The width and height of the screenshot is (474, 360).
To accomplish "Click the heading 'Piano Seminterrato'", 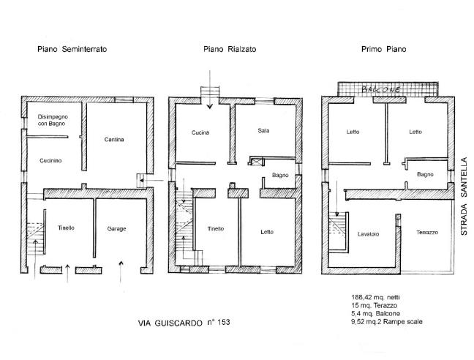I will point(72,50).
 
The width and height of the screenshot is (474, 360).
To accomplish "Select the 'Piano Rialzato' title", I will point(230,50).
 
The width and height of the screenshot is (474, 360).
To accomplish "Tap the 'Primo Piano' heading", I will point(383,50).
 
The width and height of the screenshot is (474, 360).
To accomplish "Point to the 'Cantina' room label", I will point(113,140).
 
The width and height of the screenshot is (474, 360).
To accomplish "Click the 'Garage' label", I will point(116,229).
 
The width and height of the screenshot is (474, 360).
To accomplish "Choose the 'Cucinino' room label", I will point(50,160).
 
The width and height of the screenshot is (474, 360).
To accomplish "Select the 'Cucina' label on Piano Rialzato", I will point(200,132).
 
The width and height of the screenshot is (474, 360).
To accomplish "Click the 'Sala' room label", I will point(264,131).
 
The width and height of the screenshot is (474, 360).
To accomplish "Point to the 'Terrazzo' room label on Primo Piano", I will point(427,232).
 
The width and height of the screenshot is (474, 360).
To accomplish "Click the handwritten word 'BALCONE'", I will point(381,89).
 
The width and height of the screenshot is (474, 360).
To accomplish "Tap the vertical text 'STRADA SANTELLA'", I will point(463,195).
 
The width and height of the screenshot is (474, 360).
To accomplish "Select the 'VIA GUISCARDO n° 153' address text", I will point(184,322).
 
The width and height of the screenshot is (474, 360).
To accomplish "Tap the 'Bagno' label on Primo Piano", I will point(426,175).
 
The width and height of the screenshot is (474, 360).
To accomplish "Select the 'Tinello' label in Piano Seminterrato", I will point(66,229).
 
